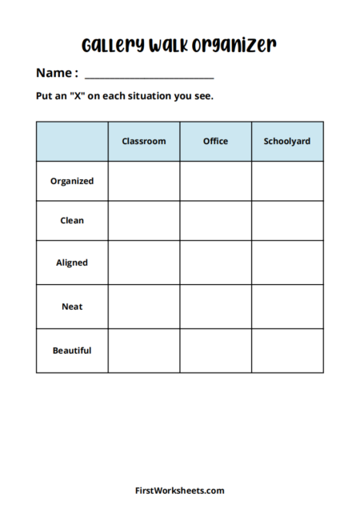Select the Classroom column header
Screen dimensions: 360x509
point(144,141)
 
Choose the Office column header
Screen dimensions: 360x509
point(215,141)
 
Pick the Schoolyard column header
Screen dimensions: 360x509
point(287,141)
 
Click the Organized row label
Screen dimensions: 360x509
point(72,181)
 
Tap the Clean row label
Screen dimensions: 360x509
point(72,220)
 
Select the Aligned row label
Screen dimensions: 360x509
point(72,263)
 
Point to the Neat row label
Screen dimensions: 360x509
point(72,307)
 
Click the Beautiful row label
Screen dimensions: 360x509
point(72,351)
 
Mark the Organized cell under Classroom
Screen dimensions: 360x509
point(144,181)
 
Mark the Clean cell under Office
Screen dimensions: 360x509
point(215,220)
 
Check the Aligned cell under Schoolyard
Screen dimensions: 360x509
point(287,263)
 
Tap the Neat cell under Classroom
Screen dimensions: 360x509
point(144,307)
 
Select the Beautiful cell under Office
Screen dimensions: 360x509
point(215,351)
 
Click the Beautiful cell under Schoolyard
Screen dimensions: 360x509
point(287,351)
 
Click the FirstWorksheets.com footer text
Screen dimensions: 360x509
point(179,491)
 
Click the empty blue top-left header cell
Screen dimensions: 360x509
point(72,141)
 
